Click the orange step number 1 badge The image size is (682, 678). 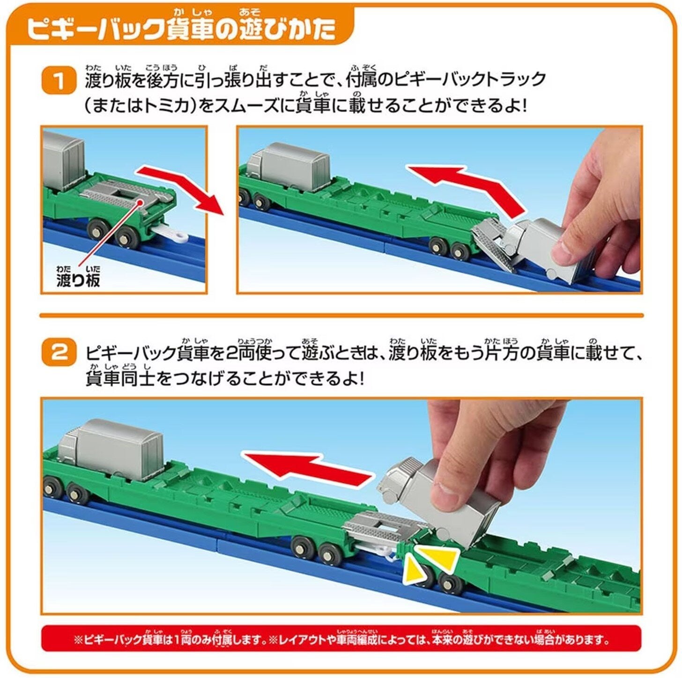[x=59, y=81]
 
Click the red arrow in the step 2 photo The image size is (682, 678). [x=308, y=467]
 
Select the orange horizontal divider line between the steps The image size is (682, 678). [x=341, y=315]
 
